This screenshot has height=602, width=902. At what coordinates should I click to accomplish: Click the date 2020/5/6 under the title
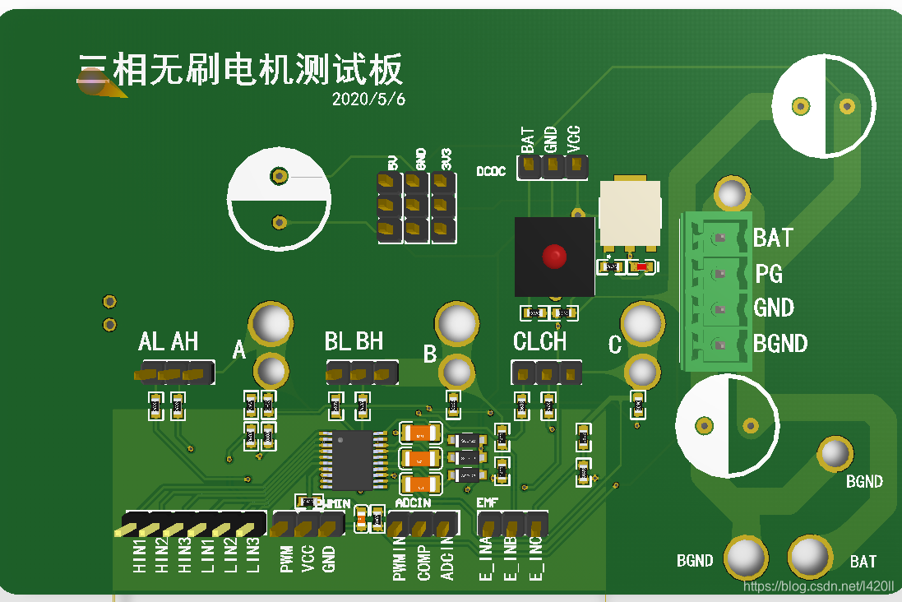tap(368, 99)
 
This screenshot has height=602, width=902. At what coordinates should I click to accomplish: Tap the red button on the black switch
tap(554, 257)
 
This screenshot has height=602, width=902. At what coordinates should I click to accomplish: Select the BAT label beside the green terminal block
tap(773, 238)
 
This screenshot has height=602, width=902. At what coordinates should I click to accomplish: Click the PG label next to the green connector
tap(769, 273)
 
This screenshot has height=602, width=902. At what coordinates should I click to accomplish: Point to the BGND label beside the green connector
tap(780, 343)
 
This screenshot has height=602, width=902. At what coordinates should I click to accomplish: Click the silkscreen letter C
tap(614, 345)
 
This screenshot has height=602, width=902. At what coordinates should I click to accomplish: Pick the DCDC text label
tap(491, 172)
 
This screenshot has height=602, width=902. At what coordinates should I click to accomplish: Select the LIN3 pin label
tap(252, 556)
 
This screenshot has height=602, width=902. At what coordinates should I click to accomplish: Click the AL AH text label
tap(169, 341)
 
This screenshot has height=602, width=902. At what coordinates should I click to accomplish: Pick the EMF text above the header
tap(487, 502)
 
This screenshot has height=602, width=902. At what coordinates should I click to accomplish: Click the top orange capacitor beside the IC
tap(420, 432)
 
